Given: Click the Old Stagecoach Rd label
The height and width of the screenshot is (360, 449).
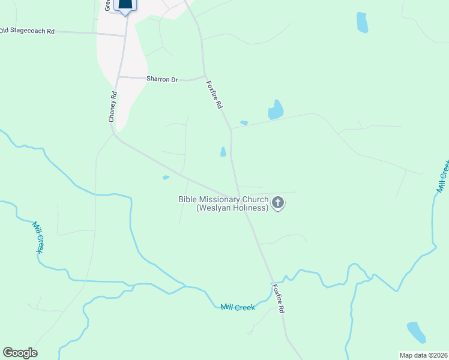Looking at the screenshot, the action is pyautogui.click(x=27, y=30).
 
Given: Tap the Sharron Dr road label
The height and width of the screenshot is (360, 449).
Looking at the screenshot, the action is pyautogui.click(x=162, y=79).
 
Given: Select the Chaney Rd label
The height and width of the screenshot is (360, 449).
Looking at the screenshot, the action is pyautogui.click(x=112, y=107).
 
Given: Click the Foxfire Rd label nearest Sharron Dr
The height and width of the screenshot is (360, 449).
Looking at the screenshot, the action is pyautogui.click(x=214, y=95).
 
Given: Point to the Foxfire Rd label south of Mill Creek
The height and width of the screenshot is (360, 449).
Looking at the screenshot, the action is pyautogui.click(x=277, y=298).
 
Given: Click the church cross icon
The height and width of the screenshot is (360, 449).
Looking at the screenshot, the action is pyautogui.click(x=277, y=203).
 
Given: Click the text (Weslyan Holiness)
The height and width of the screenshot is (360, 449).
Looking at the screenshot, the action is pyautogui.click(x=232, y=208).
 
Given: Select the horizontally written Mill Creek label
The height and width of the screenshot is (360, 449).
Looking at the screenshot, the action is pyautogui.click(x=238, y=307).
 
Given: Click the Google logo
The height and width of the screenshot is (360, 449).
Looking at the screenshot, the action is pyautogui.click(x=20, y=353).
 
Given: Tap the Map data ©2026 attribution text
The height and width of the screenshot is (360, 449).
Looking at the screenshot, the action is pyautogui.click(x=423, y=355).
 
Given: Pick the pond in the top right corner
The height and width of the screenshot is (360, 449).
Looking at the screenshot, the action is pyautogui.click(x=362, y=22).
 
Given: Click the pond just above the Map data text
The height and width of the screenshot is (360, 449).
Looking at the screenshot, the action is pyautogui.click(x=416, y=332).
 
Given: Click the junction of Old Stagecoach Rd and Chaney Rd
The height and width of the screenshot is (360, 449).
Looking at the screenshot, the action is pyautogui.click(x=125, y=35).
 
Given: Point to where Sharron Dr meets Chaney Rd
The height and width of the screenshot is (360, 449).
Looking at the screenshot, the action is pyautogui.click(x=118, y=77).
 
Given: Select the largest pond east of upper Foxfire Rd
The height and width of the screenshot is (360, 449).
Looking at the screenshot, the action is pyautogui.click(x=276, y=110).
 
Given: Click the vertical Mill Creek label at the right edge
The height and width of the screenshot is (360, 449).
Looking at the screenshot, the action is pyautogui.click(x=442, y=176).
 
